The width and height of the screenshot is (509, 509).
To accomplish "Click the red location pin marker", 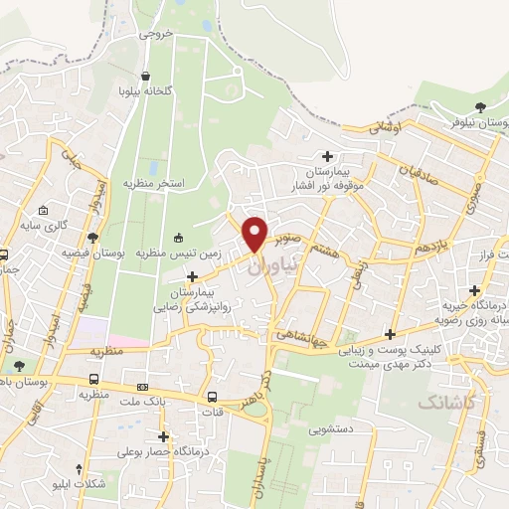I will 255,233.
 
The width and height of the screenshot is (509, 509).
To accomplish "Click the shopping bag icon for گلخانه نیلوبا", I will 147,76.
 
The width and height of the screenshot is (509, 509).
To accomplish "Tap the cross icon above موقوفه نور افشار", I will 327,155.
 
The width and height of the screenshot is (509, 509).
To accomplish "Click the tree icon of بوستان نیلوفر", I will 480,106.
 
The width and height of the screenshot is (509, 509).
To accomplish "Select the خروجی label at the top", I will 158,33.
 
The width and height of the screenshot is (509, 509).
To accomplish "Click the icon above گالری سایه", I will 43,210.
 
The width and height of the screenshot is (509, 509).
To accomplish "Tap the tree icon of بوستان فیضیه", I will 93,238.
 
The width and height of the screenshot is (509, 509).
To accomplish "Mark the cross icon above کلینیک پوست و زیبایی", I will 391,333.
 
